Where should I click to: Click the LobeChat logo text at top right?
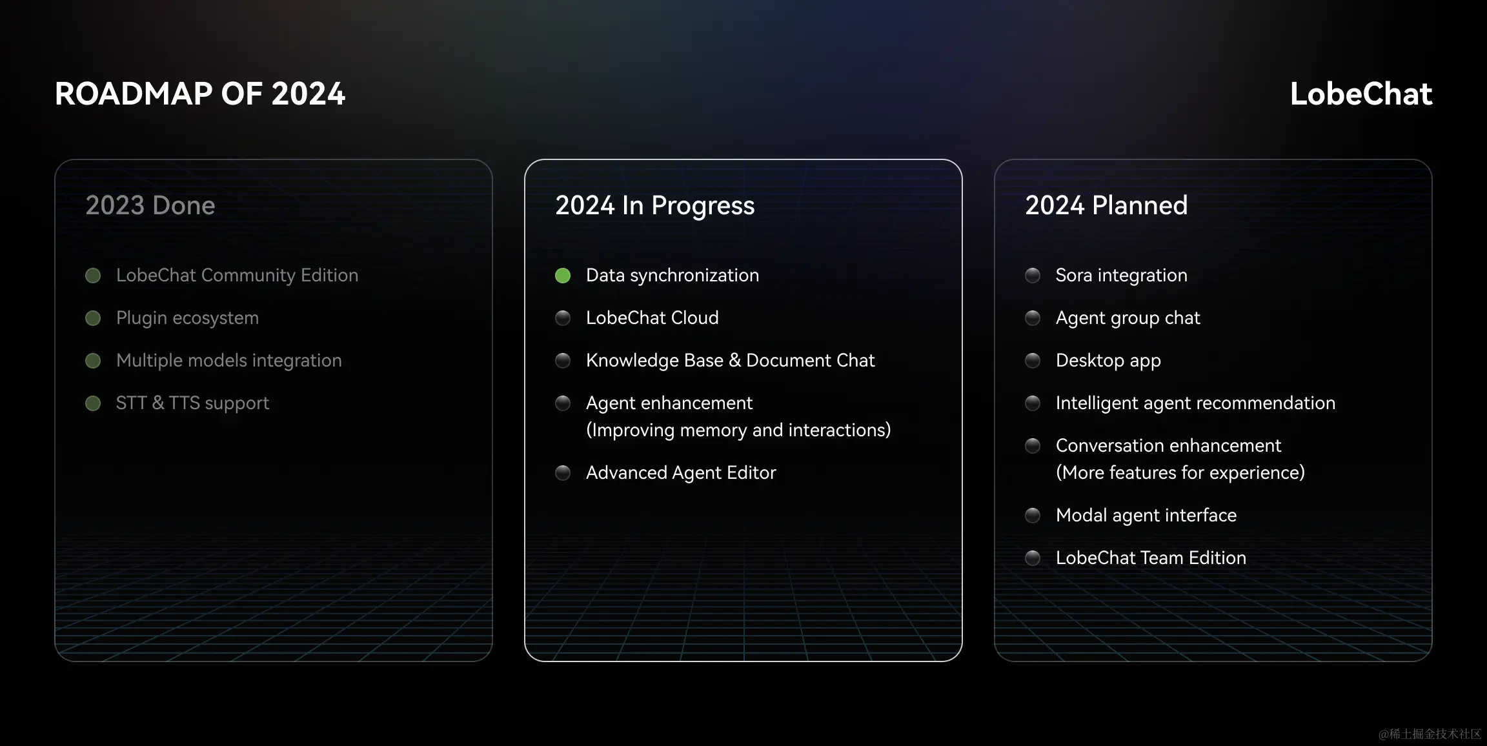coord(1361,94)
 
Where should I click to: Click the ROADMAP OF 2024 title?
coord(200,94)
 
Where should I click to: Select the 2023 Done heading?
coord(150,205)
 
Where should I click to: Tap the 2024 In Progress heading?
coord(654,205)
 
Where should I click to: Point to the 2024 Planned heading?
coord(1106,205)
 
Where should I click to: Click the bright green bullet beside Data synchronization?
coord(563,276)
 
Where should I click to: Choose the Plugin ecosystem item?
coord(187,318)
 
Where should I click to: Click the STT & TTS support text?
coord(192,403)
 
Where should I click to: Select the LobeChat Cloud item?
coord(652,318)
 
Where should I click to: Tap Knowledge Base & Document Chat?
coord(730,361)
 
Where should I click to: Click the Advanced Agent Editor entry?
coord(680,473)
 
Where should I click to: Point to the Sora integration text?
coord(1121,276)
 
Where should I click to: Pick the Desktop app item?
coord(1108,361)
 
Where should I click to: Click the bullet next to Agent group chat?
coord(1033,318)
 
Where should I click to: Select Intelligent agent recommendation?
coord(1195,403)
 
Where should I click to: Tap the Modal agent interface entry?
coord(1146,516)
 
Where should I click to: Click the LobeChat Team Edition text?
coord(1151,558)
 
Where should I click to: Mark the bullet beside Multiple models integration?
coord(93,361)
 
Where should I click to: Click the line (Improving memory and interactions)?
coord(738,430)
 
